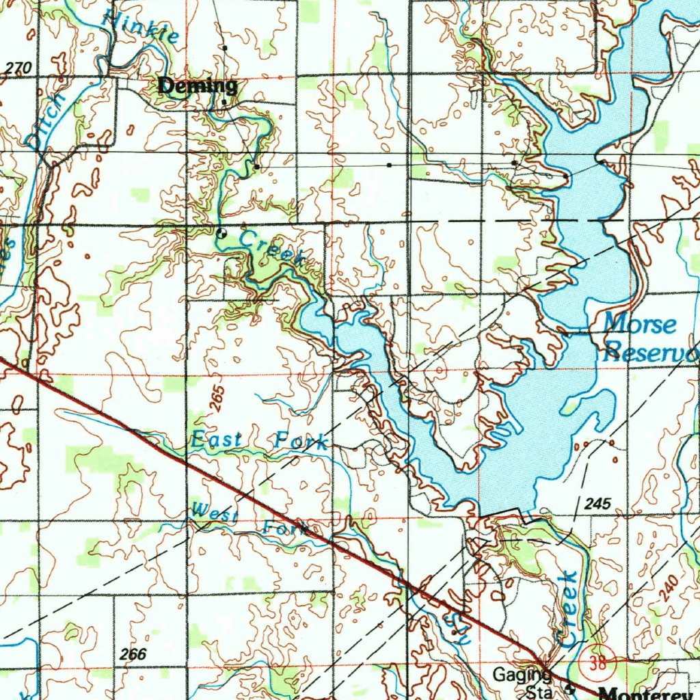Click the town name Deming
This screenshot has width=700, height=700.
click(198, 86)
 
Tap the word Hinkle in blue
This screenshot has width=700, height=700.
click(140, 25)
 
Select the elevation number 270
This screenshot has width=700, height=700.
click(18, 68)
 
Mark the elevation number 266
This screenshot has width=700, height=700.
click(132, 654)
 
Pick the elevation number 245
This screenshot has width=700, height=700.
click(597, 504)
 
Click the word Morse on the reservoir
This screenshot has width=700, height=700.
click(641, 323)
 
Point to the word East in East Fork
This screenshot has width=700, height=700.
click(216, 440)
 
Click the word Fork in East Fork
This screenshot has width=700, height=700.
click(301, 441)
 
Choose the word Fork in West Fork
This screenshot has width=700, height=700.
click(285, 528)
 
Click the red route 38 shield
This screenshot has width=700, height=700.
click(600, 664)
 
